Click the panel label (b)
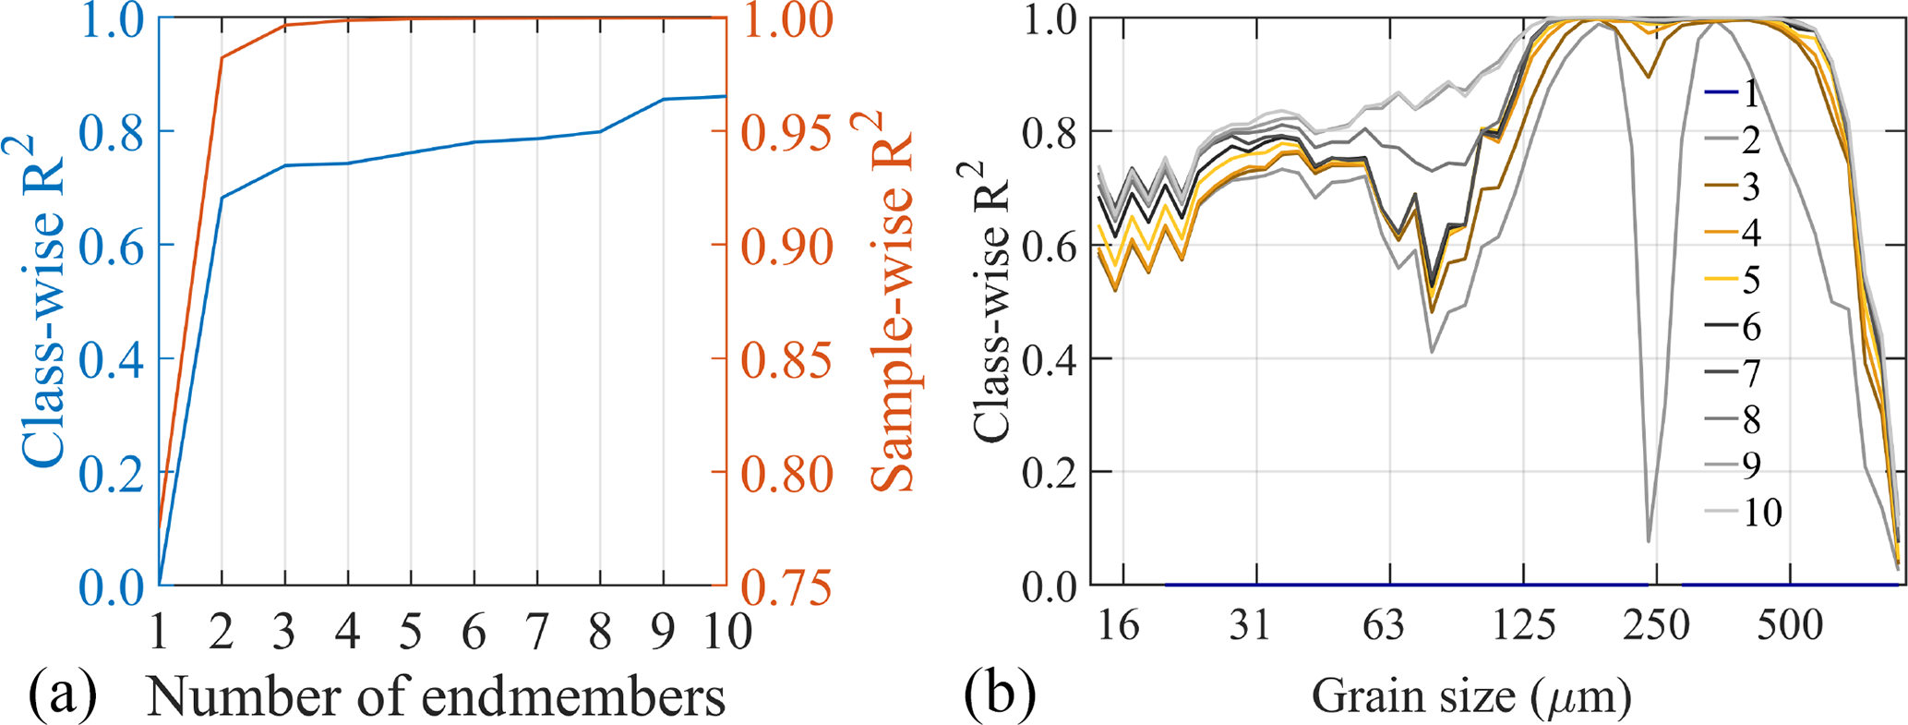(x=1000, y=695)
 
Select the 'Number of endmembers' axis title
(x=436, y=696)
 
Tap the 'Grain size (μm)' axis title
(x=1471, y=696)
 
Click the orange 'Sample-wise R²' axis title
(x=892, y=302)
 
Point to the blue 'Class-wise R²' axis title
(x=41, y=302)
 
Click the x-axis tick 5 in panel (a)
(x=411, y=632)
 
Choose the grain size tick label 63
(x=1383, y=625)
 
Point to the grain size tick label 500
(x=1789, y=625)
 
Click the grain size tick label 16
(x=1118, y=625)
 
